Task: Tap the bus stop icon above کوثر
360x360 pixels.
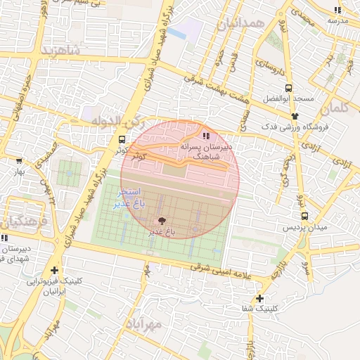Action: pos(122,139)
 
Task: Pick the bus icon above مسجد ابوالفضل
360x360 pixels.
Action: pos(288,89)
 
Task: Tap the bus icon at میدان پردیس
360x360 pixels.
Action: pos(304,216)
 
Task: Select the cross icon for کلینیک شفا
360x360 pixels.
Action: pos(261,298)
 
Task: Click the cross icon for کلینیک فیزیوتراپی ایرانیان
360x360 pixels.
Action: pos(55,270)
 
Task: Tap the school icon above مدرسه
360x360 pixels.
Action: pos(337,10)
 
